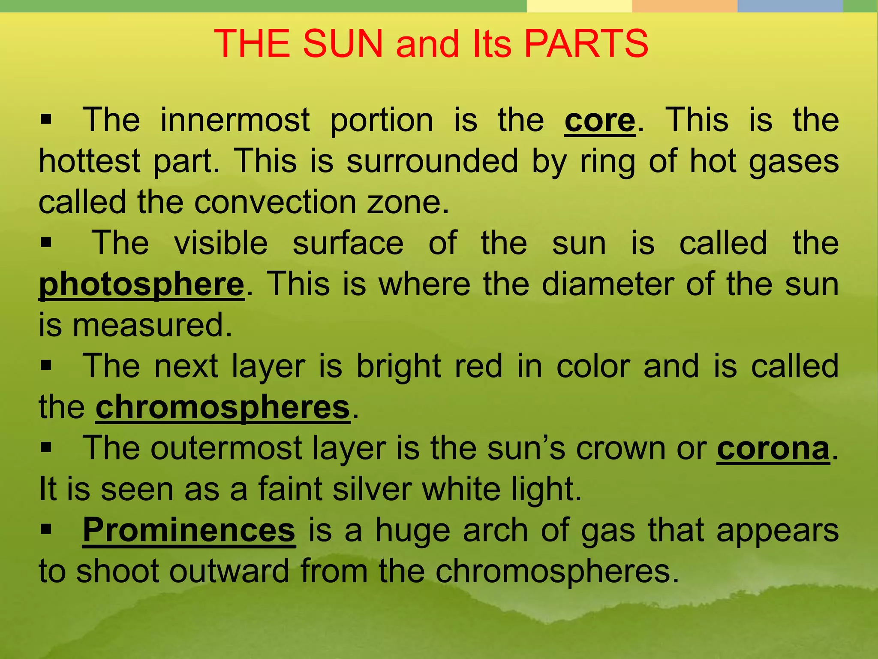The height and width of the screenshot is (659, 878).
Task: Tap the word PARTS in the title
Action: coord(586,44)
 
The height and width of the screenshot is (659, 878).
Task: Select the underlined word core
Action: coord(600,121)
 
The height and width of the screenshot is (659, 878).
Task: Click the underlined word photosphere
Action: coord(141,285)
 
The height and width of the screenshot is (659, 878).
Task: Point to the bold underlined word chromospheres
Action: coord(223,408)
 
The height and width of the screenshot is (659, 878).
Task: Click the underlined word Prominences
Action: coord(189,531)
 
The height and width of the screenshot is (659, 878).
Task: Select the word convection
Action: coord(275,203)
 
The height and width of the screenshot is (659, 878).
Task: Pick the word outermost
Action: coord(226,449)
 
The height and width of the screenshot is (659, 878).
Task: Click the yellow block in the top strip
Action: coord(579,6)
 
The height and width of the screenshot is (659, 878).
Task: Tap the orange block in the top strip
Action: coord(685,6)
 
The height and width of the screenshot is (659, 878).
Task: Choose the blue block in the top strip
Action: coord(790,6)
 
